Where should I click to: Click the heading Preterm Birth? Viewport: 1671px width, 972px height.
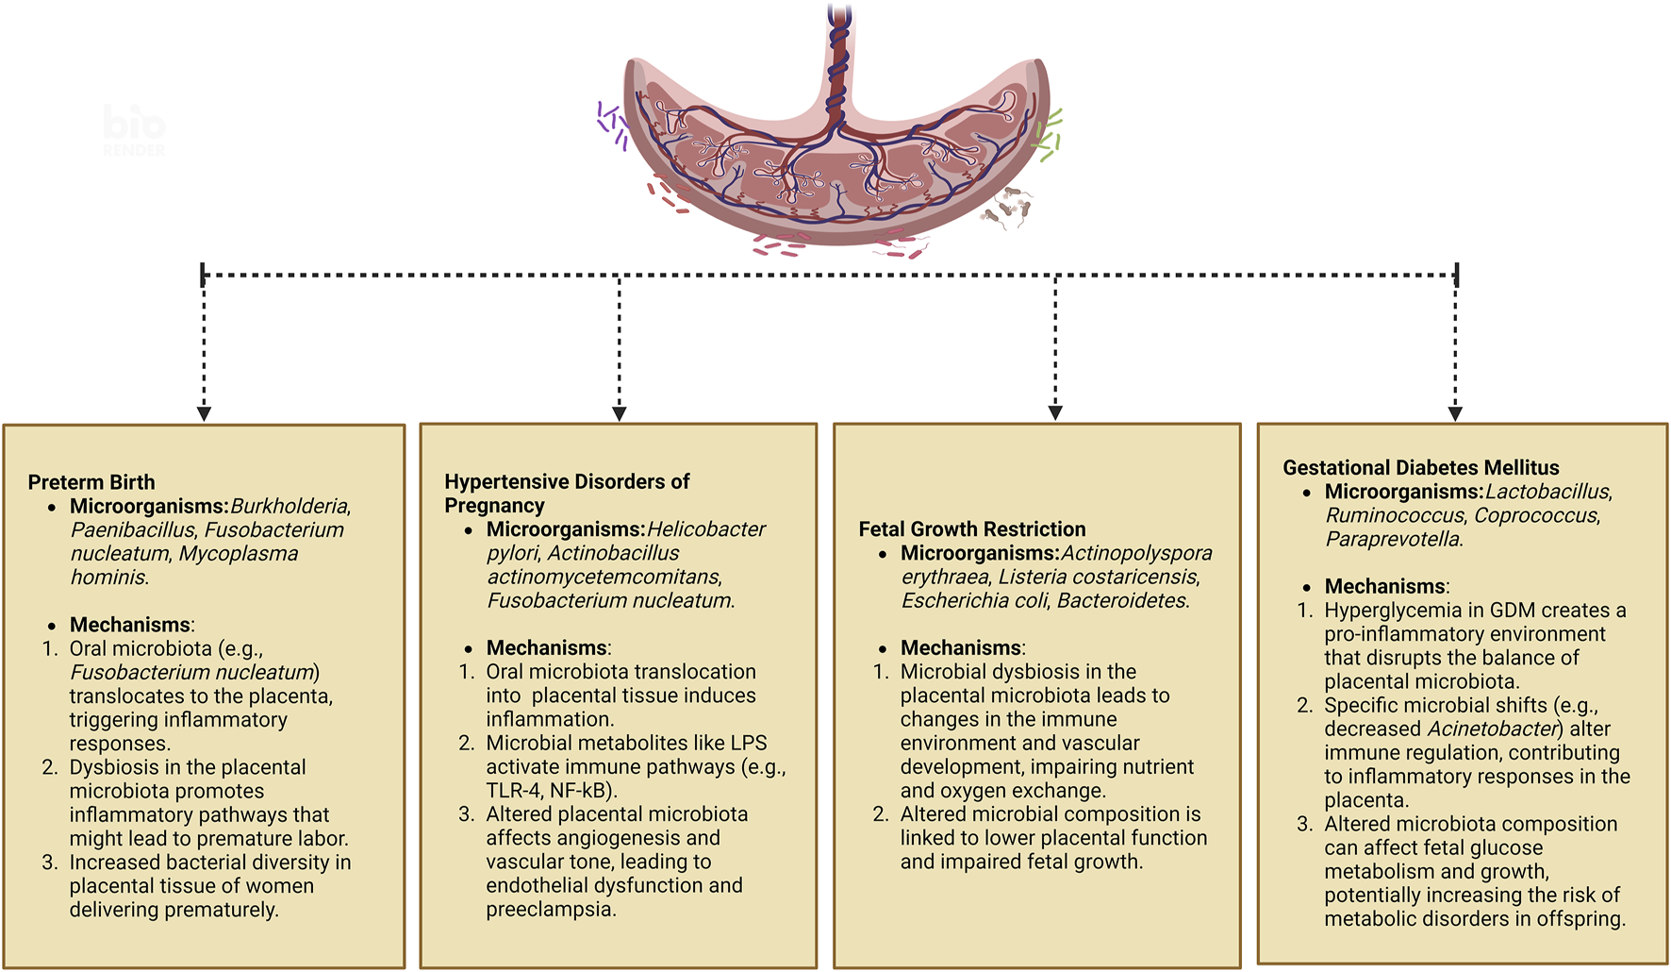pyautogui.click(x=91, y=482)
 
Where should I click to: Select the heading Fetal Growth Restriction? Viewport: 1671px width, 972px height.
pyautogui.click(x=971, y=529)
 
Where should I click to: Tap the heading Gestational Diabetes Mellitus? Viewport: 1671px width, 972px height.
pyautogui.click(x=1420, y=468)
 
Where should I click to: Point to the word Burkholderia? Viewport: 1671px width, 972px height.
pyautogui.click(x=290, y=507)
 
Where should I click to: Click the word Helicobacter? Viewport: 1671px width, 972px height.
pyautogui.click(x=706, y=529)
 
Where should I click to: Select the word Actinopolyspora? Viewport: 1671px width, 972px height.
pyautogui.click(x=1136, y=553)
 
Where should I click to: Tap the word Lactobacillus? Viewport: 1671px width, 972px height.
pyautogui.click(x=1547, y=492)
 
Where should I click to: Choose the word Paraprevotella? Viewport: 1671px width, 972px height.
pyautogui.click(x=1393, y=540)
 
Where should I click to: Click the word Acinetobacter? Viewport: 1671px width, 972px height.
pyautogui.click(x=1491, y=729)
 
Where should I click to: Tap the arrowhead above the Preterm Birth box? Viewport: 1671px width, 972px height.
pyautogui.click(x=204, y=413)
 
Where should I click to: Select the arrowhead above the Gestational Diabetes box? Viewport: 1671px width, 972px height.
pyautogui.click(x=1455, y=413)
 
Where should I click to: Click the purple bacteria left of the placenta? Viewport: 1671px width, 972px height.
pyautogui.click(x=613, y=126)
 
